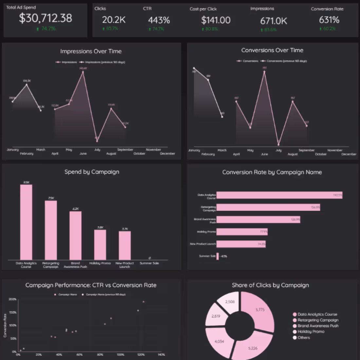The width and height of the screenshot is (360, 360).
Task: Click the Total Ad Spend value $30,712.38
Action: tap(45, 18)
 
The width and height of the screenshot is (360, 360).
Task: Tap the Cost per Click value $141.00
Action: tap(216, 20)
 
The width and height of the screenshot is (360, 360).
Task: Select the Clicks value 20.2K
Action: tap(114, 20)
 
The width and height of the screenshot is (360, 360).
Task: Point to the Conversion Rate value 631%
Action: tap(329, 20)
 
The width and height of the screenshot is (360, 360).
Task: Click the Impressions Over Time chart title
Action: tap(91, 51)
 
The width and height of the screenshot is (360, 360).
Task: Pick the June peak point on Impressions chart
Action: tap(83, 72)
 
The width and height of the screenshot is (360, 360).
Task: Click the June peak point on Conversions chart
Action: tap(264, 71)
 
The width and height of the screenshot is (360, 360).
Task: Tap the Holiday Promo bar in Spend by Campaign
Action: tap(100, 245)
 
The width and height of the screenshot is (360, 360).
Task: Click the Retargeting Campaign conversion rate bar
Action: tap(268, 207)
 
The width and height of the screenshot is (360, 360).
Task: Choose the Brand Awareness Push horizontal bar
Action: tap(258, 219)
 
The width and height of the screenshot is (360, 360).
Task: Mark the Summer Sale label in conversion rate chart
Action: tap(207, 256)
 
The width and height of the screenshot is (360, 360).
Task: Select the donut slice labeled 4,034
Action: tap(220, 341)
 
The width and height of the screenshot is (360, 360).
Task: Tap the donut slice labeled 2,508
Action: tap(230, 302)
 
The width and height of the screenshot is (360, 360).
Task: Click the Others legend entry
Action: tap(303, 338)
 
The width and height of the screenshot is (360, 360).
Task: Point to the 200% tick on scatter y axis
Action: tap(12, 299)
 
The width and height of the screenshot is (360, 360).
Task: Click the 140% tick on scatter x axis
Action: tap(161, 355)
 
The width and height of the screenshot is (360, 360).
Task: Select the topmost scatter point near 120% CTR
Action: tap(143, 302)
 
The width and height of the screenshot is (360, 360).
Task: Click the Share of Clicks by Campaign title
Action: tap(270, 285)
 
